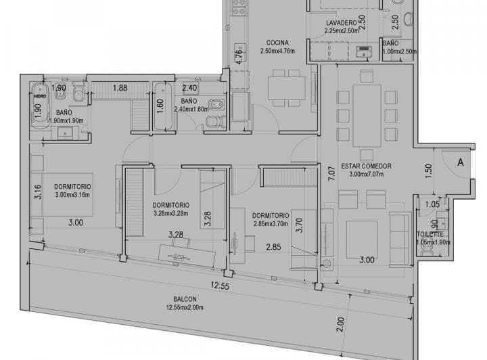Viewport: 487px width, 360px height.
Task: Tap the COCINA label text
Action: coord(277,43)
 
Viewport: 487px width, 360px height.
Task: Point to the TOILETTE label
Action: coord(430,234)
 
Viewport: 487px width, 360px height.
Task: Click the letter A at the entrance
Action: coord(459,162)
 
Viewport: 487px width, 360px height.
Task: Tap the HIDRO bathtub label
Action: coord(40,96)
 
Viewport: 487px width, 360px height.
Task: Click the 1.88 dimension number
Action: coord(120,87)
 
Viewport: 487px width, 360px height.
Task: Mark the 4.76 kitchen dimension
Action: coord(238,56)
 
